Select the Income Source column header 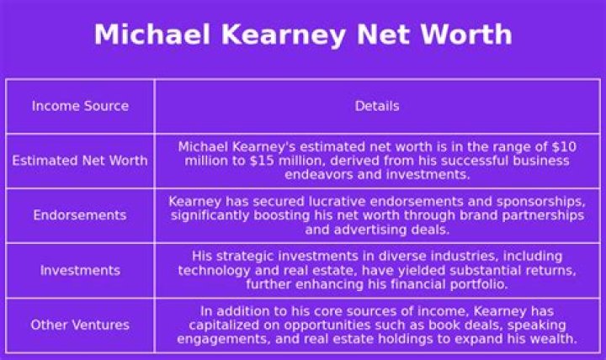point(80,106)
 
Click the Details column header point(376,106)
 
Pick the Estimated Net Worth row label point(80,161)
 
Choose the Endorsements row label point(80,215)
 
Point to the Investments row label point(80,270)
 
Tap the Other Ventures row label point(80,325)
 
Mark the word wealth point(551,339)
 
